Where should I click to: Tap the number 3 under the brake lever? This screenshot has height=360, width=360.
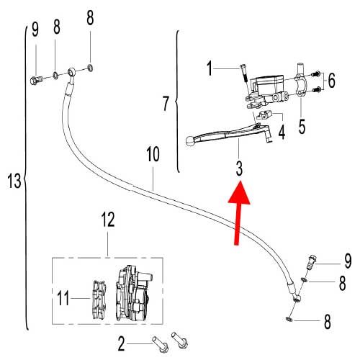pos(238,168)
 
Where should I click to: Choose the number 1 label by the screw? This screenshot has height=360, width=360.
pos(211,70)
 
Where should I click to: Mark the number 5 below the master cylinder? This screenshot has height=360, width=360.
pos(302,126)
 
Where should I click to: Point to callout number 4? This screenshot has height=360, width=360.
pos(282,132)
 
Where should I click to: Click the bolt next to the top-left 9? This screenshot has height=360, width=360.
pos(36,79)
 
